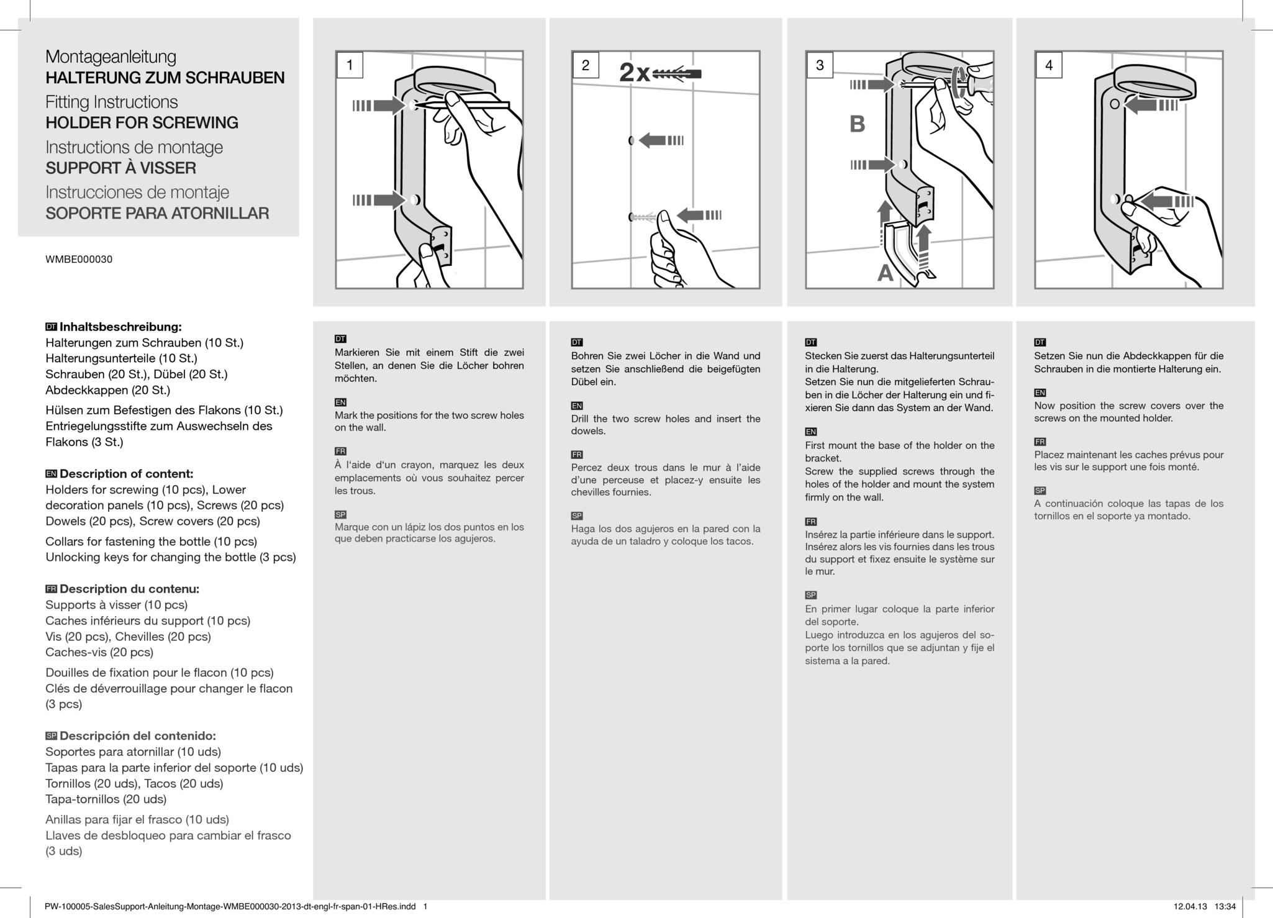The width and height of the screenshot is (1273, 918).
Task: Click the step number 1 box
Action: pyautogui.click(x=350, y=65)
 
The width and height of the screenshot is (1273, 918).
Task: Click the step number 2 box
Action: pyautogui.click(x=585, y=65)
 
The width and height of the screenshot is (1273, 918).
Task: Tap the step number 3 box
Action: pyautogui.click(x=820, y=65)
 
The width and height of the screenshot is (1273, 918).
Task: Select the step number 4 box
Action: pyautogui.click(x=1049, y=65)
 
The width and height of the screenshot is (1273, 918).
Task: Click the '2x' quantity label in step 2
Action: pyautogui.click(x=634, y=74)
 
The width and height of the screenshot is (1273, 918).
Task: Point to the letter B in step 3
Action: pyautogui.click(x=857, y=124)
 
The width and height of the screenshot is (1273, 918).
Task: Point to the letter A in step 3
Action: pyautogui.click(x=885, y=273)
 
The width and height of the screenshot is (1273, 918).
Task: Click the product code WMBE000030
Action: pyautogui.click(x=79, y=260)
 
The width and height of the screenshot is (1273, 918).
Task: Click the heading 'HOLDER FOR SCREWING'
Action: pyautogui.click(x=142, y=123)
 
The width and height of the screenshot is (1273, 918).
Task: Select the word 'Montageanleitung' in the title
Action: pyautogui.click(x=111, y=57)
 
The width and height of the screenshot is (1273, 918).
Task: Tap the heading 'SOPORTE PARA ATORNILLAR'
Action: pyautogui.click(x=157, y=214)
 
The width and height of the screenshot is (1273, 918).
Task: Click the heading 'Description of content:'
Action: pyautogui.click(x=126, y=474)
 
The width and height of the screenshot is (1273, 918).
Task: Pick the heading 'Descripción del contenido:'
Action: pyautogui.click(x=137, y=736)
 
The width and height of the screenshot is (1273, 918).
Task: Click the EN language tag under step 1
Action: pyautogui.click(x=340, y=402)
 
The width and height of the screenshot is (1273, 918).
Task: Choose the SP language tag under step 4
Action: pyautogui.click(x=1040, y=491)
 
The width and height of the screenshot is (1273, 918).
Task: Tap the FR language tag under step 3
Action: pyautogui.click(x=810, y=522)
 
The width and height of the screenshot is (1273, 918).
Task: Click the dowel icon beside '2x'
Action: pyautogui.click(x=677, y=74)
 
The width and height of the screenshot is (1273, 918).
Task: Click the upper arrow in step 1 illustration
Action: pyautogui.click(x=379, y=106)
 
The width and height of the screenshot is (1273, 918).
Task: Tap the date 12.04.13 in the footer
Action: pyautogui.click(x=1190, y=907)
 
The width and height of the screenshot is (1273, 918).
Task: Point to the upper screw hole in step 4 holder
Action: pyautogui.click(x=1115, y=104)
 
